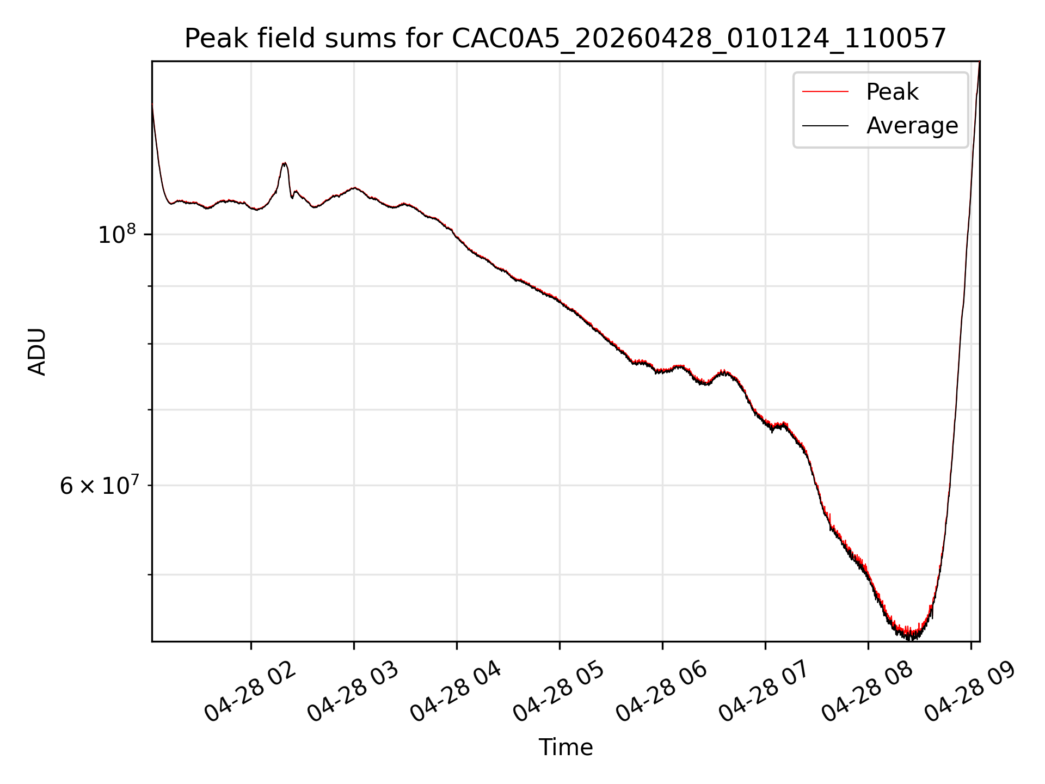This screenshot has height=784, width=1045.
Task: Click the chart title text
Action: tap(565, 39)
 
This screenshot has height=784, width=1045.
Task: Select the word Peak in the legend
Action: tap(892, 92)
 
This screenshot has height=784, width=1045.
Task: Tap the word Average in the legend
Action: tap(912, 126)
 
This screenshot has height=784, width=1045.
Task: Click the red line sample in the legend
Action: tap(825, 92)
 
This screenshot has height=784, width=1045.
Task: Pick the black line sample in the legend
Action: tap(825, 126)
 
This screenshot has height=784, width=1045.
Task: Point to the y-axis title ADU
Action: tap(37, 352)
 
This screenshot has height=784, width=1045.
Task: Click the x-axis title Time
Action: tap(565, 748)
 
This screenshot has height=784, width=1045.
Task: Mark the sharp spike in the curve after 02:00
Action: tap(284, 163)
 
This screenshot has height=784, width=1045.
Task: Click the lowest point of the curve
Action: tap(910, 638)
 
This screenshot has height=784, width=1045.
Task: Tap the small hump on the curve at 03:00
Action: tap(355, 188)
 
